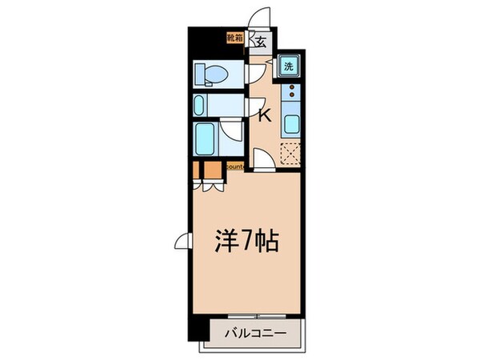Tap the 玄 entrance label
tap(261, 41)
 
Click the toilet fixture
tap(215, 74)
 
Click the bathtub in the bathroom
tap(207, 141)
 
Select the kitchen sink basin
tap(290, 124)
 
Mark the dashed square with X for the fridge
tap(290, 152)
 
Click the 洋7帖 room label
tap(247, 241)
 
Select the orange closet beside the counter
tap(210, 170)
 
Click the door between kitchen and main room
tap(263, 160)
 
